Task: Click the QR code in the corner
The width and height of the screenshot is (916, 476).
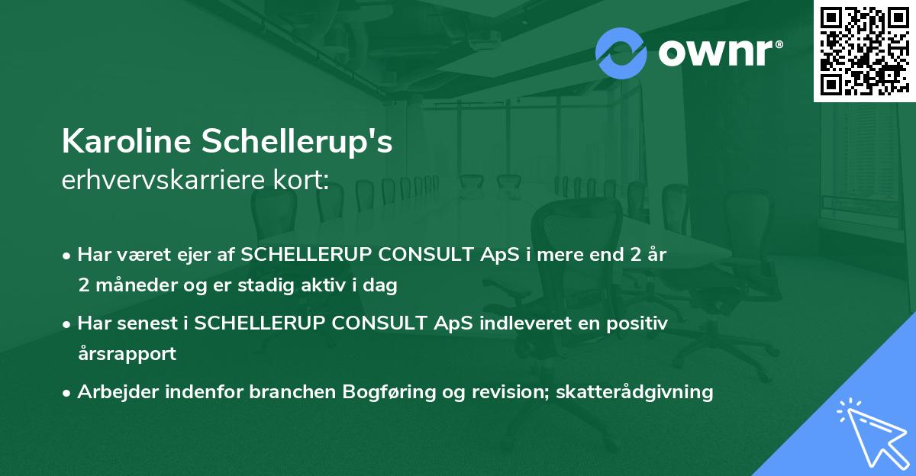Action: click(x=864, y=50)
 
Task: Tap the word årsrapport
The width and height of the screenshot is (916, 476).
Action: click(x=127, y=354)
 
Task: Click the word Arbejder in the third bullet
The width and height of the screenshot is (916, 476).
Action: click(x=115, y=392)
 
